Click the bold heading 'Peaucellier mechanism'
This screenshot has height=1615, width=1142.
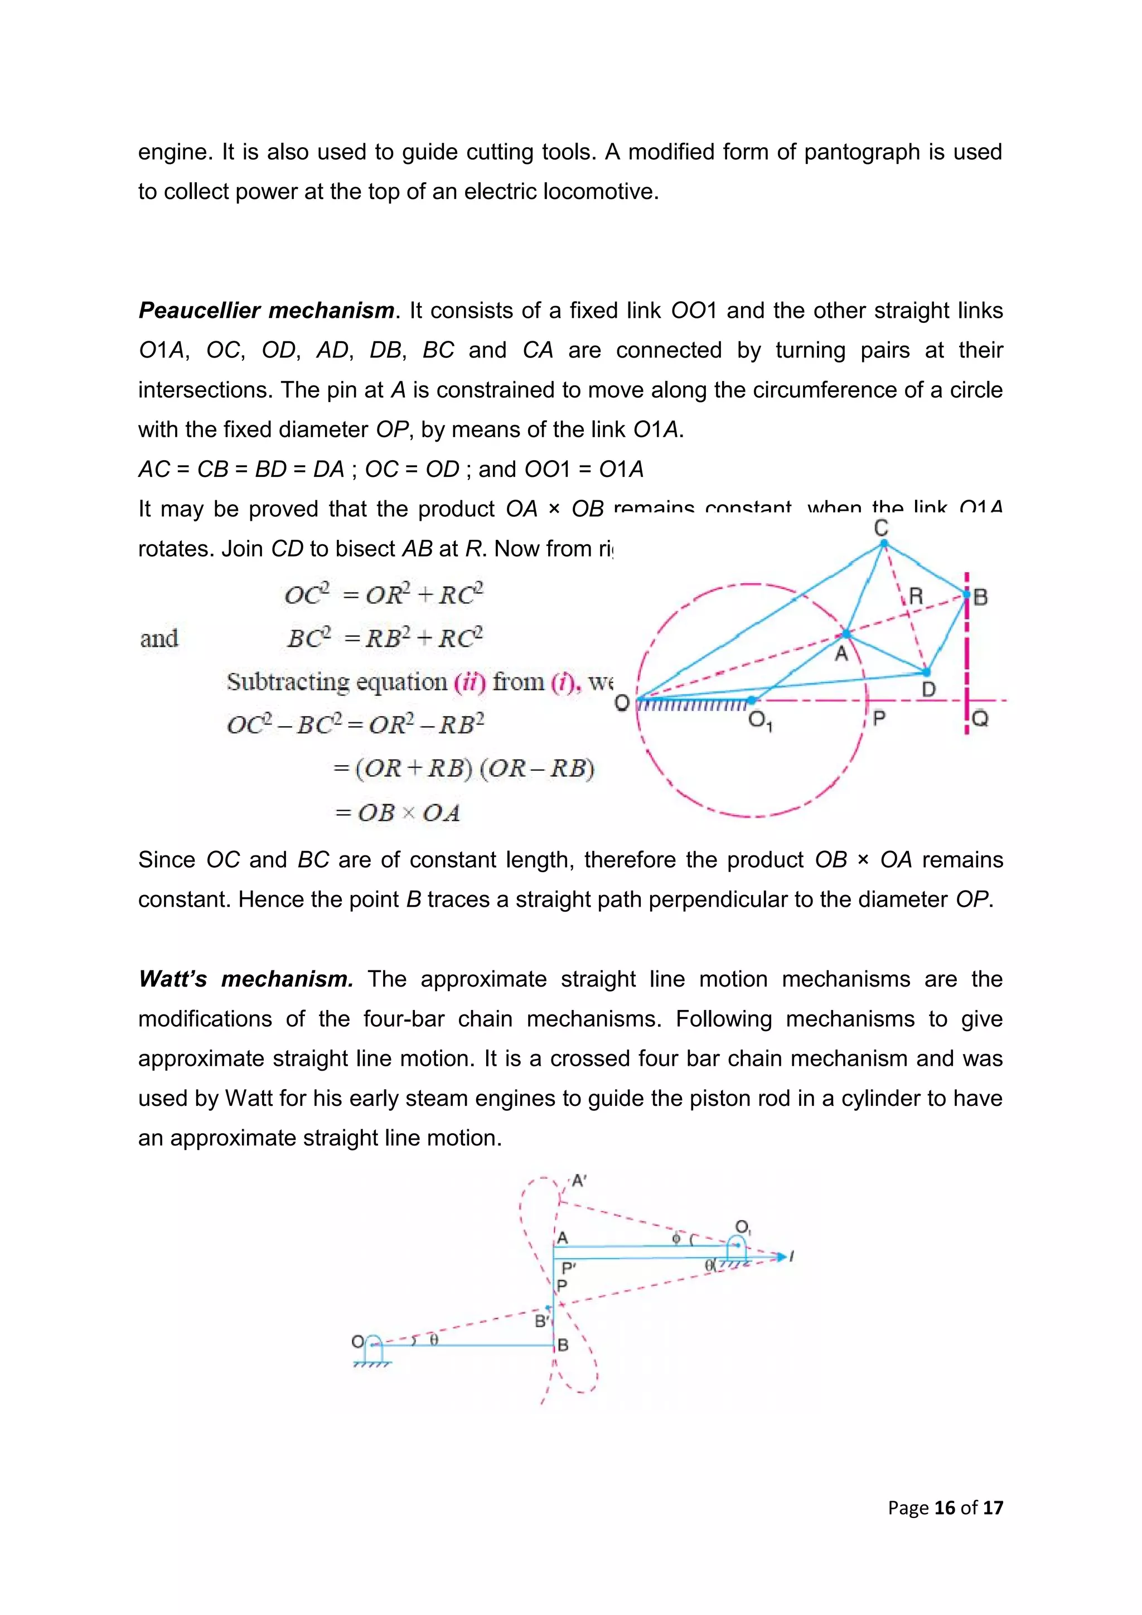click(266, 310)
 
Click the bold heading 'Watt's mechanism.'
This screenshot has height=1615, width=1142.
click(245, 979)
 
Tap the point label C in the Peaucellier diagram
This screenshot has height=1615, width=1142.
click(880, 528)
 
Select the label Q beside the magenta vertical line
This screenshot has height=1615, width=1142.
click(980, 719)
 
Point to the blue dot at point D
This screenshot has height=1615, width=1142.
click(926, 673)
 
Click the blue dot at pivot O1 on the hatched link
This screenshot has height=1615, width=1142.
click(752, 700)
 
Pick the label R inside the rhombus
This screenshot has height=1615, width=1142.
click(915, 597)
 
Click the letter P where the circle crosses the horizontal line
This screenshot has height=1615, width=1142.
click(878, 718)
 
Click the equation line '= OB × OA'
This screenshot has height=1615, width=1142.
click(398, 813)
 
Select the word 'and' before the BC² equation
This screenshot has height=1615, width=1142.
click(159, 639)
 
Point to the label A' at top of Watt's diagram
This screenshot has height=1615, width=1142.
click(578, 1181)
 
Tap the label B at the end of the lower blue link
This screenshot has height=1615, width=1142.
click(563, 1345)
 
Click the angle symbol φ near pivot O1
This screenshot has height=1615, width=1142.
click(676, 1238)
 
